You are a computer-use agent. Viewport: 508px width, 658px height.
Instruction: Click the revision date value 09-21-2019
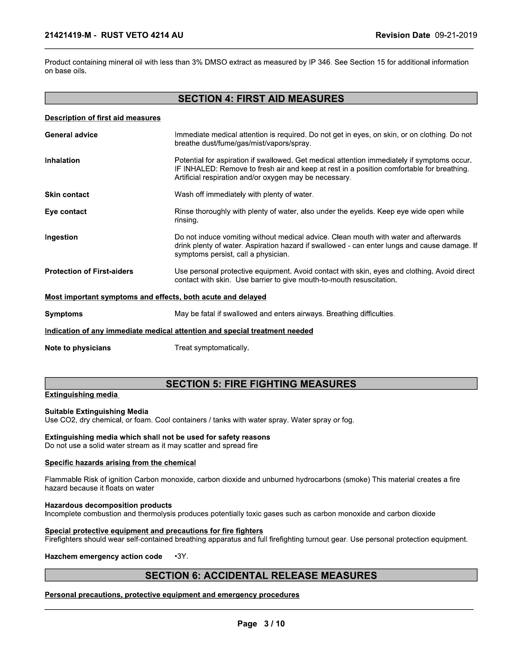click(x=456, y=36)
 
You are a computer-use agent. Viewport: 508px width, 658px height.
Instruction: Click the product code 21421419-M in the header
click(x=68, y=36)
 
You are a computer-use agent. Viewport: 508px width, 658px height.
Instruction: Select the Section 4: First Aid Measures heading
click(x=261, y=98)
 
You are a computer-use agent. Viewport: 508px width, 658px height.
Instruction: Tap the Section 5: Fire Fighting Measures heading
click(x=261, y=384)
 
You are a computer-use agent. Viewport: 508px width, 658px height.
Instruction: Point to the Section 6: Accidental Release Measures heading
click(x=261, y=575)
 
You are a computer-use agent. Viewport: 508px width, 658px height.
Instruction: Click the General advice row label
click(x=71, y=135)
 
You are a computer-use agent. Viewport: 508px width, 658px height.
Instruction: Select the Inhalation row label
click(x=62, y=161)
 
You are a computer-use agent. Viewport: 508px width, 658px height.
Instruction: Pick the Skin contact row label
click(x=67, y=195)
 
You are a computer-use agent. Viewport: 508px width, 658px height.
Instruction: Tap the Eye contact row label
click(x=66, y=212)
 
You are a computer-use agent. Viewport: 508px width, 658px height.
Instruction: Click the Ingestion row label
click(x=61, y=237)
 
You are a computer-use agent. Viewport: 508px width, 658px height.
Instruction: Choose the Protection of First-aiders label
click(x=89, y=272)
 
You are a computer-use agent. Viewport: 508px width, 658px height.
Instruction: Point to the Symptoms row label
click(x=63, y=314)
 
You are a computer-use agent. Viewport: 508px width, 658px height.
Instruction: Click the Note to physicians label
click(x=78, y=348)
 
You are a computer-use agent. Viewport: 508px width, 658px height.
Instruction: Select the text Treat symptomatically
click(x=212, y=348)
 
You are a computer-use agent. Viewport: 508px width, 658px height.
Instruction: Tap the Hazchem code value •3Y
click(x=181, y=557)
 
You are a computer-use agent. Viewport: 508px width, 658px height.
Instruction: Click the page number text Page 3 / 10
click(x=261, y=624)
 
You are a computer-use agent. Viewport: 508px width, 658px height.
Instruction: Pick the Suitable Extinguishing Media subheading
click(x=96, y=412)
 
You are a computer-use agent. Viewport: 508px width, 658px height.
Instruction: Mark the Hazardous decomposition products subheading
click(x=108, y=505)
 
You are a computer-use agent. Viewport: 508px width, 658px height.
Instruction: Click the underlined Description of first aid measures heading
click(x=102, y=118)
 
